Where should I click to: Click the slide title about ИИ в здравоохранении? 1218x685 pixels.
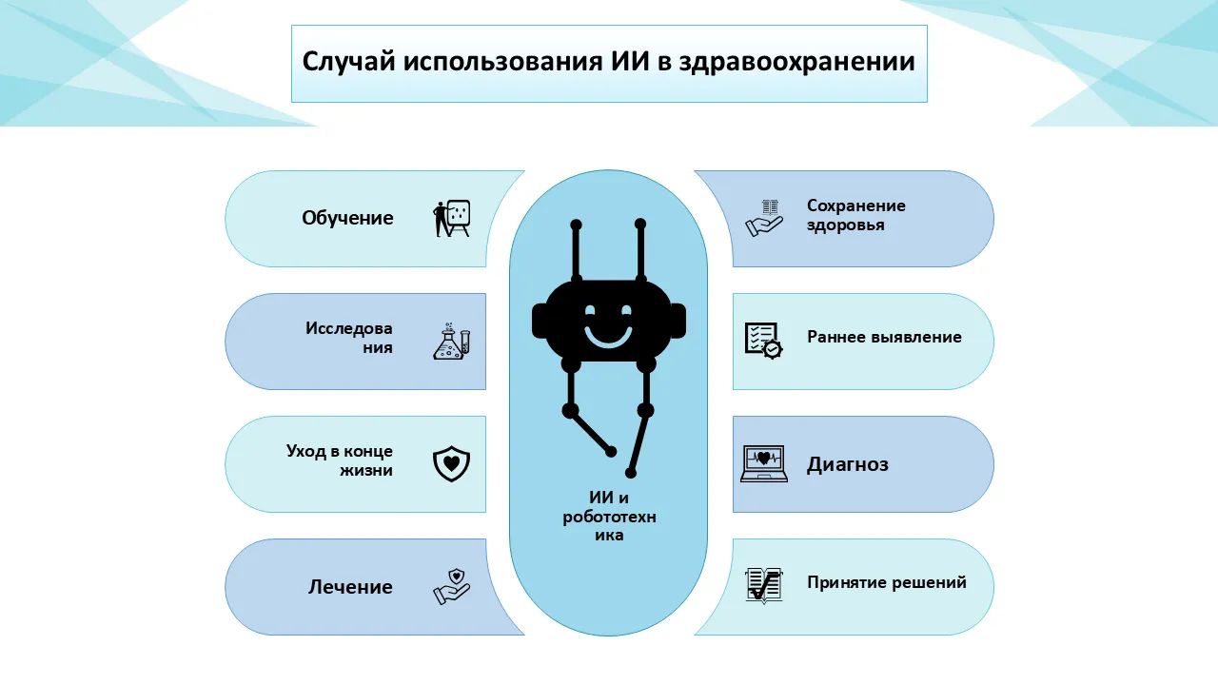point(608,63)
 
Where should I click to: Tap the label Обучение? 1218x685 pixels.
point(347,218)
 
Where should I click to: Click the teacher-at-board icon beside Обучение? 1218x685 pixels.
point(452,218)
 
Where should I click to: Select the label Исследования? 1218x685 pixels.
point(349,338)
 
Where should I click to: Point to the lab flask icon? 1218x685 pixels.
point(452,341)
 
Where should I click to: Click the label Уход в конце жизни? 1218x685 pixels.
point(340,460)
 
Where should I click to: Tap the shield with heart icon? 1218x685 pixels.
point(452,463)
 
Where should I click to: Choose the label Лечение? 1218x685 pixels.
point(350,587)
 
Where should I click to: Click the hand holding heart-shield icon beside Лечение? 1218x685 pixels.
point(452,586)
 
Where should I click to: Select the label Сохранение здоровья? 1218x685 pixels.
point(855,215)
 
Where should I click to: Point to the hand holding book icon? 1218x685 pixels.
point(764,218)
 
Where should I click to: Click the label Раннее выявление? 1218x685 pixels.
point(884,337)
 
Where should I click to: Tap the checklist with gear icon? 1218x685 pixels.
point(763,340)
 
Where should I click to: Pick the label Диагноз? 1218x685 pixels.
point(848,464)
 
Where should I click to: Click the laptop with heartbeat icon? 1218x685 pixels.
point(763,463)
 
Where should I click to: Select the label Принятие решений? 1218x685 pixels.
point(887,582)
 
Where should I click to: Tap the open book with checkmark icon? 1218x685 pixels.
point(763,586)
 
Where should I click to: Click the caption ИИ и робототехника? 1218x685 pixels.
point(608,517)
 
